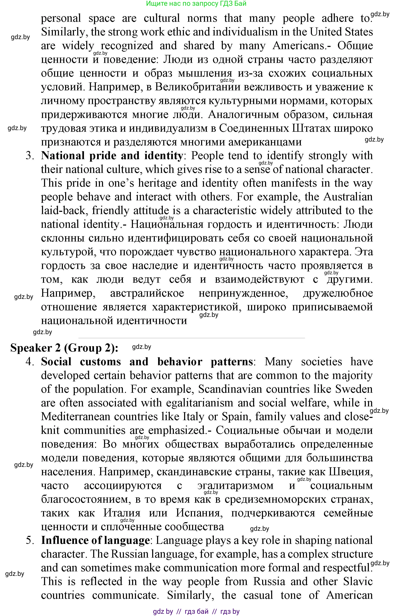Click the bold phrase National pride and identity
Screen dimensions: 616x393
pyautogui.click(x=112, y=156)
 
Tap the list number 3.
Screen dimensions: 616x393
pyautogui.click(x=30, y=156)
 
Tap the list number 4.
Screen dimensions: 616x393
pyautogui.click(x=30, y=362)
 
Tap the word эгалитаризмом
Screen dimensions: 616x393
pyautogui.click(x=235, y=486)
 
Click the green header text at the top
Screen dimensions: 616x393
pyautogui.click(x=196, y=3)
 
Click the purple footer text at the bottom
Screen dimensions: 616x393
pyautogui.click(x=196, y=612)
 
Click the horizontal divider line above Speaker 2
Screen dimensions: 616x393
pyautogui.click(x=191, y=338)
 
